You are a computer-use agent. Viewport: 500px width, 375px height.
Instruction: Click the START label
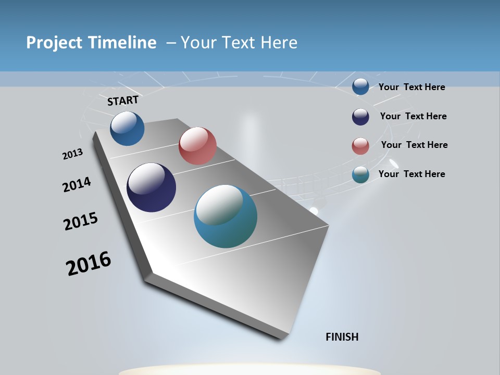tap(123, 101)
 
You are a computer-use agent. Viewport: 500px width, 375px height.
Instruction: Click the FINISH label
tap(342, 337)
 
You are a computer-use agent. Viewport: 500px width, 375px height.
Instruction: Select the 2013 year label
tap(72, 154)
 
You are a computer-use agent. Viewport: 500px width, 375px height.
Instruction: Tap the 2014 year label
tap(77, 184)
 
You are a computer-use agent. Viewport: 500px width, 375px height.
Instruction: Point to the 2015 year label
tap(81, 221)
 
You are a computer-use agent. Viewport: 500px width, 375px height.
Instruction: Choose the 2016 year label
tap(89, 264)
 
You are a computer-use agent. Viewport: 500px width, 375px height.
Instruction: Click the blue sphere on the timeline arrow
tap(127, 128)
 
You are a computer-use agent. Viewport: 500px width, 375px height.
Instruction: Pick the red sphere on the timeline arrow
tap(197, 146)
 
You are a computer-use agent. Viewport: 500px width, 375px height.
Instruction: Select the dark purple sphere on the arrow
tap(151, 187)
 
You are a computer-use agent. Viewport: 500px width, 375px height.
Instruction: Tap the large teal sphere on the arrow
tap(225, 216)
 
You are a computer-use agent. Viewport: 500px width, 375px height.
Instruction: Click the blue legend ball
tap(360, 86)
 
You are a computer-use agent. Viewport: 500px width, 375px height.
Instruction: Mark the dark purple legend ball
tap(360, 117)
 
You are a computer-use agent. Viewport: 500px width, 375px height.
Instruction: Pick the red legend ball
tap(360, 146)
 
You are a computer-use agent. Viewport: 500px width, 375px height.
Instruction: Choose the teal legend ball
tap(360, 174)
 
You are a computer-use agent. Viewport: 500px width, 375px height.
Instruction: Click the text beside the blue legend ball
tap(411, 87)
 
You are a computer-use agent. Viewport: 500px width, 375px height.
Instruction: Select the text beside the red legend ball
tap(414, 145)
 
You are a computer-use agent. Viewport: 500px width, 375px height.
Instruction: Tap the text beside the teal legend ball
tap(411, 174)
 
